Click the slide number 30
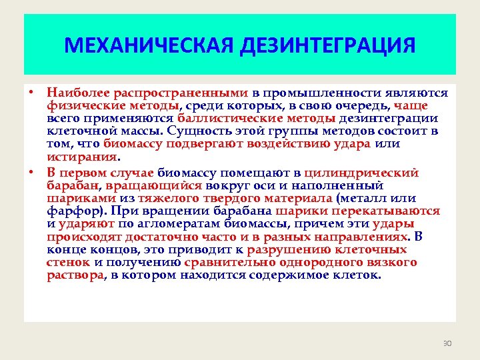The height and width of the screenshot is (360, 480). [447, 343]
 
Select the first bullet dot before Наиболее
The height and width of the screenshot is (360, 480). [31, 93]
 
